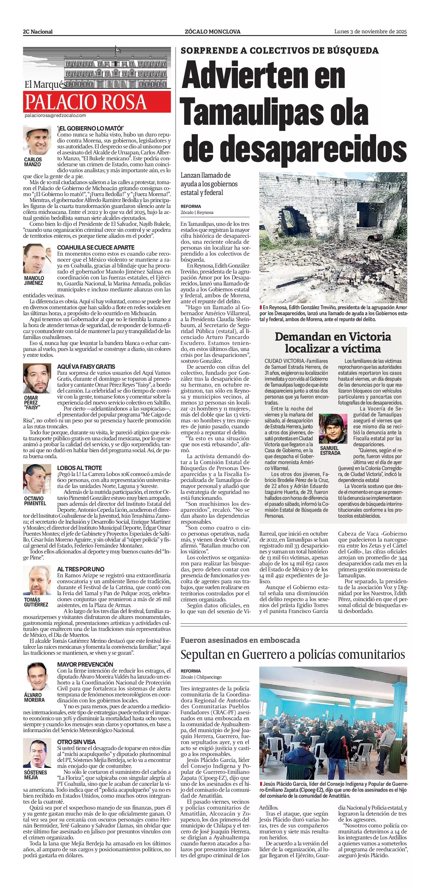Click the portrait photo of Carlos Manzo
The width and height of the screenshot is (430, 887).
click(37, 141)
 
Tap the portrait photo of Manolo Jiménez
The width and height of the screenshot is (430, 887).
click(37, 259)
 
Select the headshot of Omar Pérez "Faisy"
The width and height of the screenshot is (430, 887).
click(37, 379)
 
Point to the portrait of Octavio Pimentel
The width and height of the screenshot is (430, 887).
click(37, 479)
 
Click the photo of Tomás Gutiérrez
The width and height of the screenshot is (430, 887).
click(37, 580)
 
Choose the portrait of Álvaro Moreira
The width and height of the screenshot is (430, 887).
click(37, 676)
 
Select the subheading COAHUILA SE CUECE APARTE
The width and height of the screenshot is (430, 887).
click(96, 247)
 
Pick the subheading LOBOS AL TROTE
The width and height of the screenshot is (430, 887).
click(80, 468)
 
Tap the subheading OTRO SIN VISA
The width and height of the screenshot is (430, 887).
click(76, 742)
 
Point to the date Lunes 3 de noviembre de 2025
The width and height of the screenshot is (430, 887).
click(370, 32)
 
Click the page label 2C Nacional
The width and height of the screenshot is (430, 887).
click(38, 32)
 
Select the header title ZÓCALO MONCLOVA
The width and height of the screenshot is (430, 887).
click(213, 32)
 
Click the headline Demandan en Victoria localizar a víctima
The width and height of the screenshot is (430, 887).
click(333, 343)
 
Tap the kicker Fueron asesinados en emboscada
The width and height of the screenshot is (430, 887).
click(240, 640)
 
